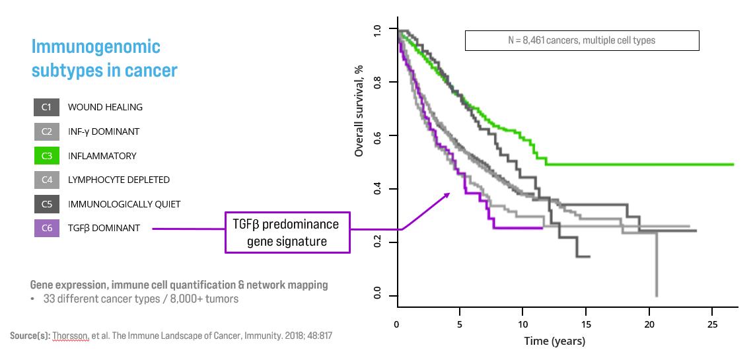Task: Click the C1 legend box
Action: coord(46,107)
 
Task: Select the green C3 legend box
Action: coord(46,156)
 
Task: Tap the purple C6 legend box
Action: coord(46,229)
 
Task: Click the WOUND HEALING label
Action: coord(105,107)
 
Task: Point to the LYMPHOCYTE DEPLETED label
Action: coord(119,180)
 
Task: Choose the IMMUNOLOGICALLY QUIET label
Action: coord(124,204)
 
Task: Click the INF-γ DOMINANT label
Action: coord(104,131)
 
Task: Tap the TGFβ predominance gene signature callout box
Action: coord(287,233)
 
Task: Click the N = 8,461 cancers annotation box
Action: coord(582,41)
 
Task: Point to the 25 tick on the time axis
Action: coord(712,325)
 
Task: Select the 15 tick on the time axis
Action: coord(586,325)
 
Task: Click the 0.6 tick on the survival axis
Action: coord(377,135)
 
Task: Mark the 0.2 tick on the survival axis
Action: coord(377,242)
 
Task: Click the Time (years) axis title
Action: coord(554,341)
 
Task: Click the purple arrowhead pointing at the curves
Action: coord(448,194)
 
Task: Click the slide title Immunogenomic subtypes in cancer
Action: coord(104,58)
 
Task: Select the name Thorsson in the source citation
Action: coord(65,336)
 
